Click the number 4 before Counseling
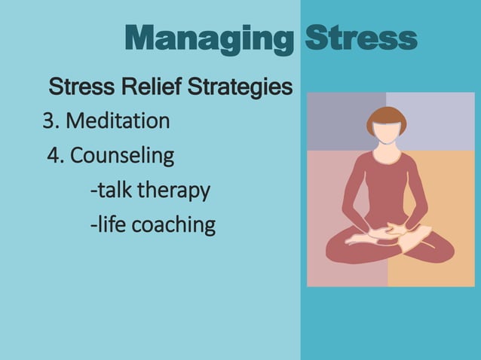[x=54, y=156]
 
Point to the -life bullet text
[x=106, y=224]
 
